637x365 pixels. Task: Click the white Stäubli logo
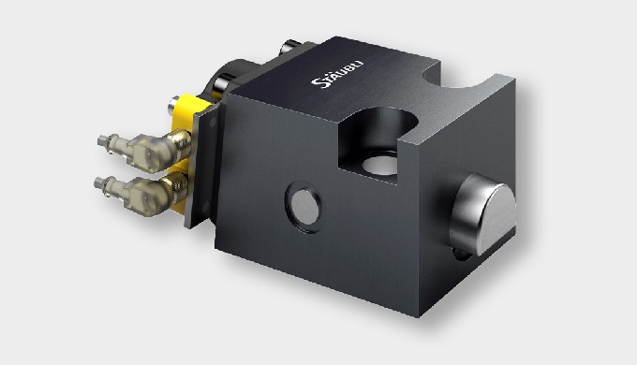pyautogui.click(x=337, y=74)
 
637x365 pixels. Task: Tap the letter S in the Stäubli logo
pyautogui.click(x=317, y=83)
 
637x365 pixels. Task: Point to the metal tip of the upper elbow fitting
pyautogui.click(x=103, y=141)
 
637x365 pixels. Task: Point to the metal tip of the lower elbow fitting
pyautogui.click(x=99, y=183)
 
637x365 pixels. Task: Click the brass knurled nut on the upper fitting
pyautogui.click(x=179, y=142)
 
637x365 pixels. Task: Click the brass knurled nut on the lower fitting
pyautogui.click(x=176, y=187)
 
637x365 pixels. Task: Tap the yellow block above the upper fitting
pyautogui.click(x=190, y=111)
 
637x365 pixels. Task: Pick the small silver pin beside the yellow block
pyautogui.click(x=174, y=105)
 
